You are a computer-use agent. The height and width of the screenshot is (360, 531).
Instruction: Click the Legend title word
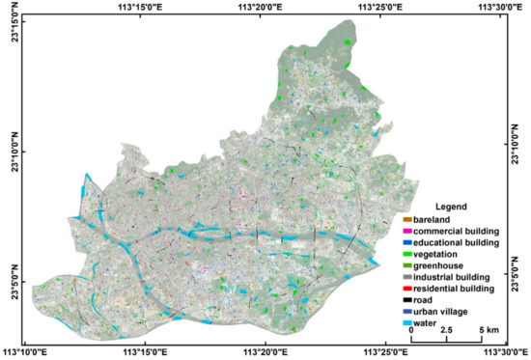pyautogui.click(x=451, y=208)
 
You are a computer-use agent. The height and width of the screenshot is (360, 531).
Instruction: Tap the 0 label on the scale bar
pyautogui.click(x=410, y=330)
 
